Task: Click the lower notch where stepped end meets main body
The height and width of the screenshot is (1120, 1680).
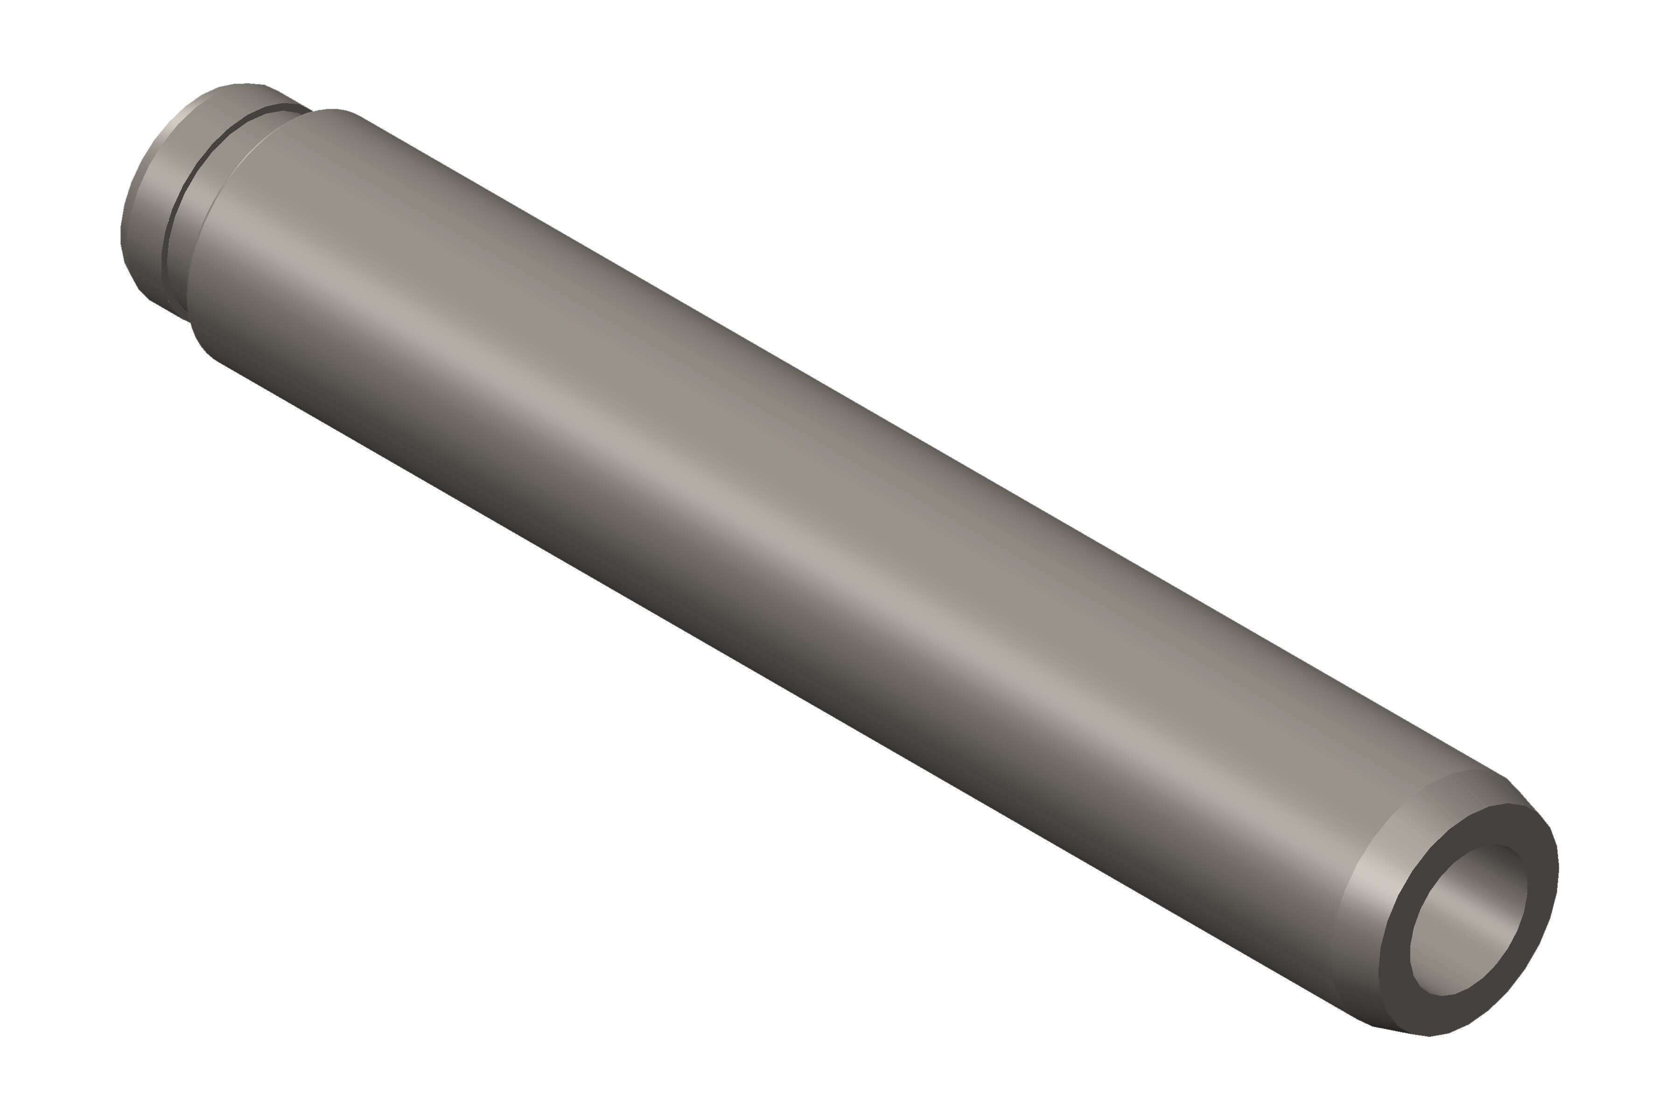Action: click(x=190, y=322)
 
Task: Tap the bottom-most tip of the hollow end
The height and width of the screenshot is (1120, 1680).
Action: click(x=1428, y=1056)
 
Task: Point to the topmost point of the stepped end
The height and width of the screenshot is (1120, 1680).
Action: click(x=243, y=83)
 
